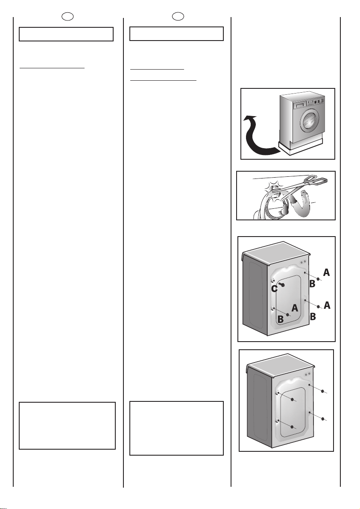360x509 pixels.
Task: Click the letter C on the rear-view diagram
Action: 274,289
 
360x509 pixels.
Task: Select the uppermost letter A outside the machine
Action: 326,272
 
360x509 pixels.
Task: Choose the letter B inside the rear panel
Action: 281,319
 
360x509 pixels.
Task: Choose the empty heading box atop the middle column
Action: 176,34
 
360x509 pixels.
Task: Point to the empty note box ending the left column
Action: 67,425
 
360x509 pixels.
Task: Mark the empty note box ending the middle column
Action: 176,428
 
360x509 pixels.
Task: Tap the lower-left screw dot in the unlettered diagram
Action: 292,427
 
